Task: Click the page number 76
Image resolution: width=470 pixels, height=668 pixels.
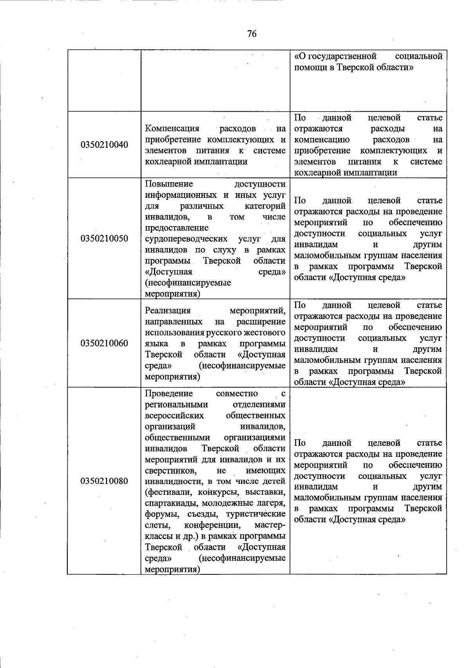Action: click(252, 34)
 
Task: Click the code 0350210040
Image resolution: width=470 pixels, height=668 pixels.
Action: click(104, 145)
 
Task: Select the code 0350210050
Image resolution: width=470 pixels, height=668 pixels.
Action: click(104, 239)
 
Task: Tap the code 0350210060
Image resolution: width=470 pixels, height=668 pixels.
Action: click(104, 344)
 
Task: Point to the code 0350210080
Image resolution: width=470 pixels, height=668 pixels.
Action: click(104, 481)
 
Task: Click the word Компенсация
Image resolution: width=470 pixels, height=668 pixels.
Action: click(172, 129)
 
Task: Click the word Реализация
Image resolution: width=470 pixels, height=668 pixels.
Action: click(168, 311)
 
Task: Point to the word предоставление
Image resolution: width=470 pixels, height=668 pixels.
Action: click(177, 228)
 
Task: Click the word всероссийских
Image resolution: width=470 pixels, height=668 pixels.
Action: click(174, 415)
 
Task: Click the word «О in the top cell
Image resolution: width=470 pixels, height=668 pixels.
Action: click(300, 56)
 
